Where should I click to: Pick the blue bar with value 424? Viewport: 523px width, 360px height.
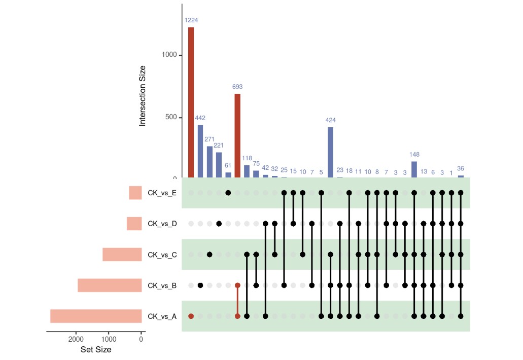pos(330,152)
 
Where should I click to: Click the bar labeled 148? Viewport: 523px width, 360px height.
pos(414,169)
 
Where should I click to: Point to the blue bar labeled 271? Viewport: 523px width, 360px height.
pos(210,162)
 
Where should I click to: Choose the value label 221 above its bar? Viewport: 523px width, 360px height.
pos(219,146)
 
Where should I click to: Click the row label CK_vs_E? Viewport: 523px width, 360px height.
pos(162,193)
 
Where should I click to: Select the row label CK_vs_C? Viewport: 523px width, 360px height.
pos(162,255)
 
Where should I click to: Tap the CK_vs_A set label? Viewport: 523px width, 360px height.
pos(162,316)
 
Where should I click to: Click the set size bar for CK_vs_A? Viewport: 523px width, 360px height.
pos(96,316)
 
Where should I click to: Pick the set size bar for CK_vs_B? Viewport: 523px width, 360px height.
pos(110,285)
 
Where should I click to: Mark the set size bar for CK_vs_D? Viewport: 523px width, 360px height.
pos(134,224)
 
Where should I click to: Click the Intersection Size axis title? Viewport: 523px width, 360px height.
pos(143,96)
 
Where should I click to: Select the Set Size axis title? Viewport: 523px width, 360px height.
pos(96,350)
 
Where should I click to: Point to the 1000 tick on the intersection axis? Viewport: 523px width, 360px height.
pos(169,55)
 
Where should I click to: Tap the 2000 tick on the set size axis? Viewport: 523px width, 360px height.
pos(76,339)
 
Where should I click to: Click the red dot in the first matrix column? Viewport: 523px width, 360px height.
pos(191,316)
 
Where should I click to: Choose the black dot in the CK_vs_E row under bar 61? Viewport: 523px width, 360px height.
pos(228,193)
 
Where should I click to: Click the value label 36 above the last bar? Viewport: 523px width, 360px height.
pos(461,168)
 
